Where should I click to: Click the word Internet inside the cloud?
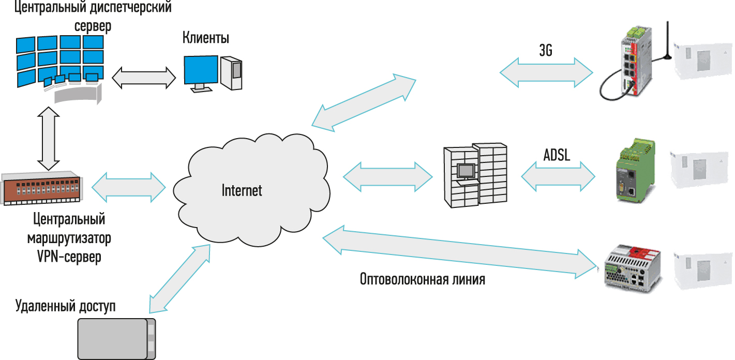point(242,190)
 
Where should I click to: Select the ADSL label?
point(557,155)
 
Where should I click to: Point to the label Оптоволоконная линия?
point(422,280)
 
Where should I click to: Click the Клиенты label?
point(206,38)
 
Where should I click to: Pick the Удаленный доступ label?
point(66,305)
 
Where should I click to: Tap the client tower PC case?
point(231,72)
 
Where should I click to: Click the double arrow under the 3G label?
point(546,72)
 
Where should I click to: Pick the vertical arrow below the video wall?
point(47,138)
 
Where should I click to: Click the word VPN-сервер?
point(69,257)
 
